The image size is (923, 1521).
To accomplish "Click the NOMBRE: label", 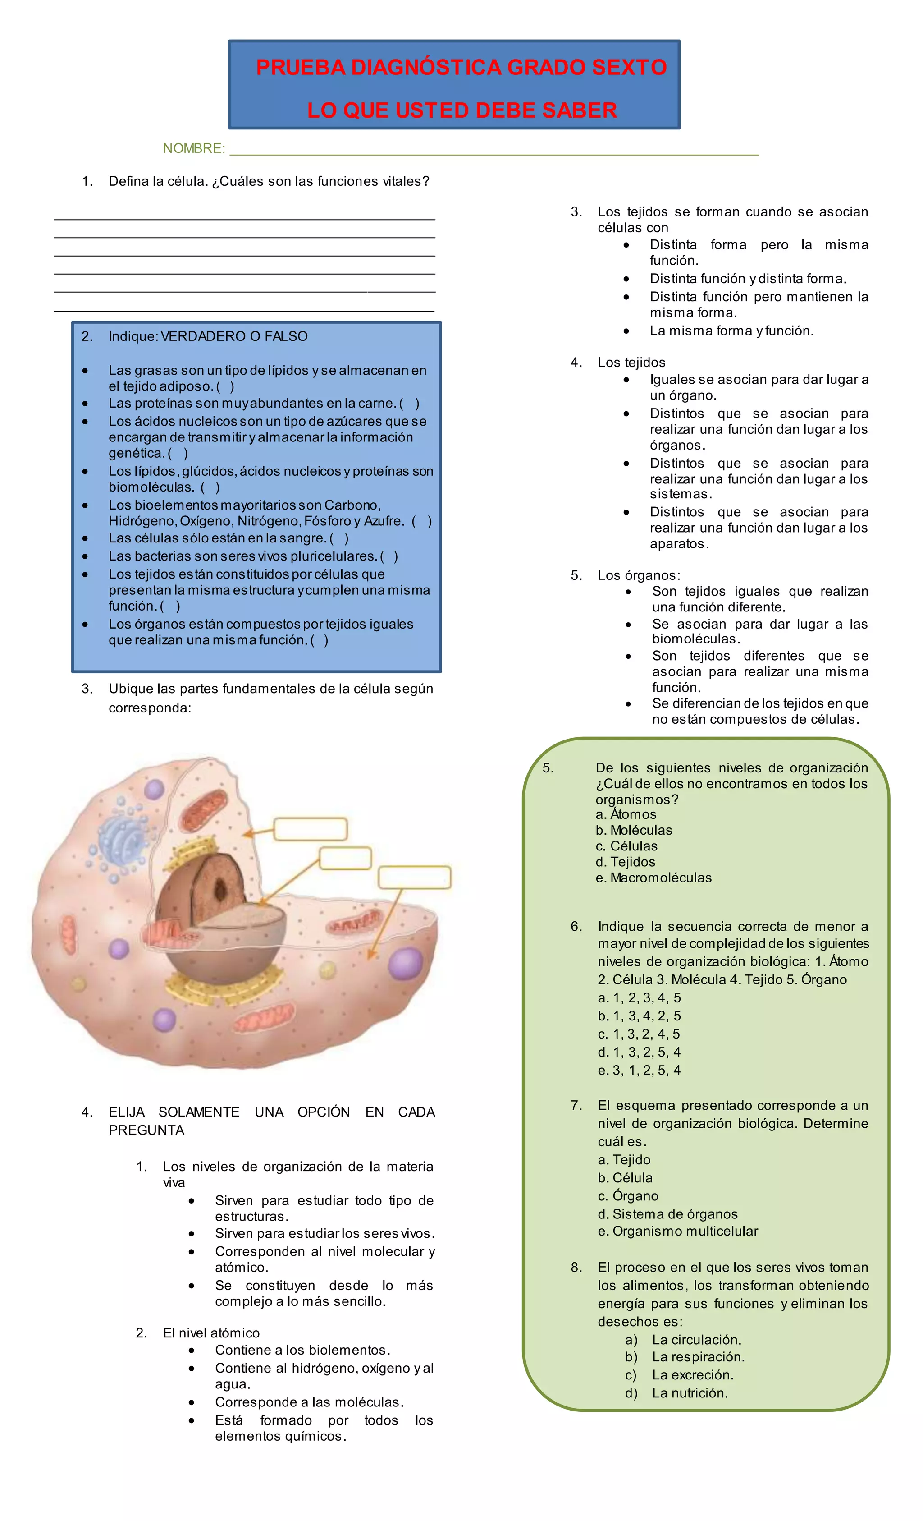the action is tap(194, 148).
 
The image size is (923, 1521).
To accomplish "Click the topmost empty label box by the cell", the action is tap(311, 829).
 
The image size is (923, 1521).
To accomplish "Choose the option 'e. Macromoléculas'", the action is tap(653, 878).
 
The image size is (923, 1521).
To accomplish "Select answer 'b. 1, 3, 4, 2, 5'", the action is tap(639, 1016).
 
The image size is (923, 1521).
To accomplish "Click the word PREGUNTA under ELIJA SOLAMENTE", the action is tap(146, 1130).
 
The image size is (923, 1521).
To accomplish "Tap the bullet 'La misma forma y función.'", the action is tap(732, 331).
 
